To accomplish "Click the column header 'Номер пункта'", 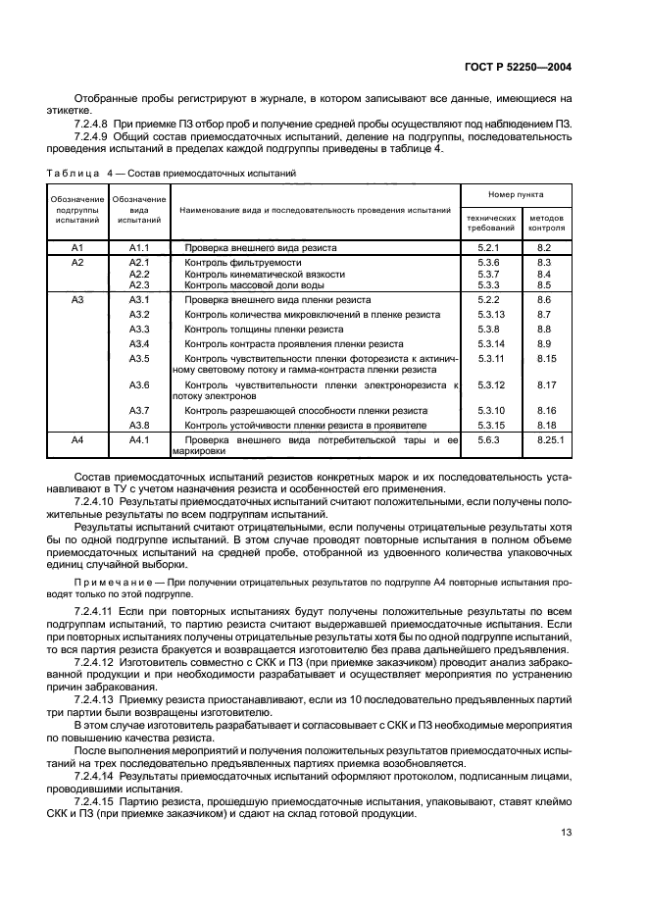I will coord(517,195).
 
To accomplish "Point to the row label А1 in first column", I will coord(77,249).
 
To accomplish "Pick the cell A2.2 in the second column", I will coord(138,274).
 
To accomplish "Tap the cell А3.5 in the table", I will coord(138,360).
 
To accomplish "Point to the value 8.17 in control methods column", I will coord(546,385).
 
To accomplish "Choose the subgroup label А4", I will coord(77,442).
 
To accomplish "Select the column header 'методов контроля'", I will coord(546,222).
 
